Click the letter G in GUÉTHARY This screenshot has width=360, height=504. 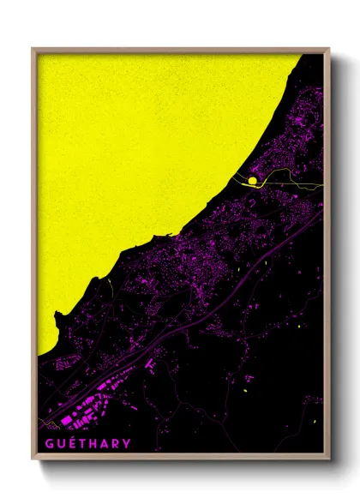[50, 443]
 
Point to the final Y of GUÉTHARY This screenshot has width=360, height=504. [127, 443]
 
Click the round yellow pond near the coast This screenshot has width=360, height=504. [252, 180]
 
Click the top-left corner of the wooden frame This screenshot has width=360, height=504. [33, 49]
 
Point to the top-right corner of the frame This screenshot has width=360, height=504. [328, 49]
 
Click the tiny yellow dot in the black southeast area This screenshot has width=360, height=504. [246, 392]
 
